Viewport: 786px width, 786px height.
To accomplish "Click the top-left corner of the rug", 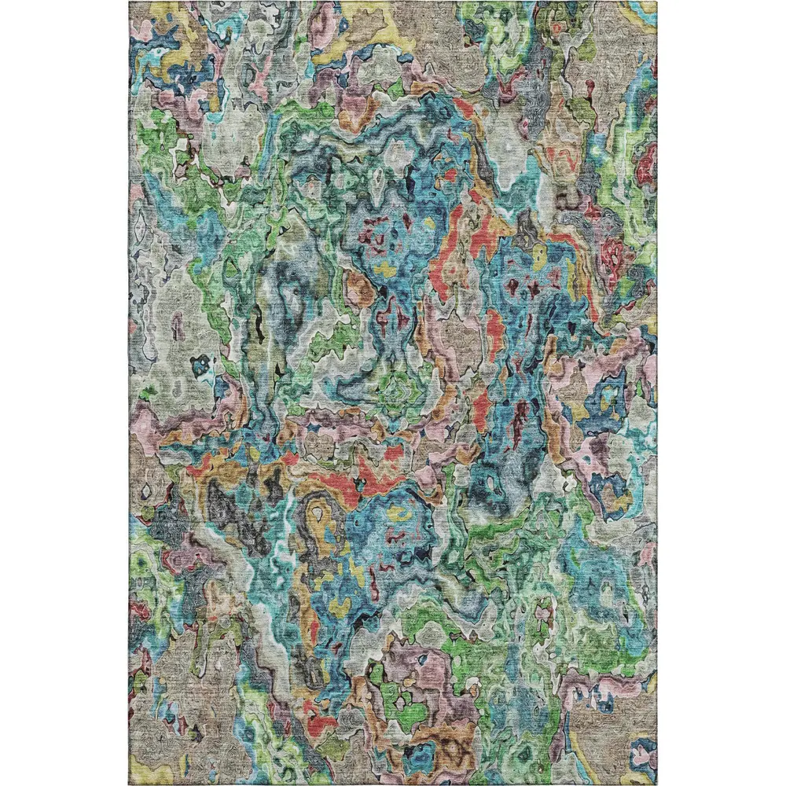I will tap(130, 2).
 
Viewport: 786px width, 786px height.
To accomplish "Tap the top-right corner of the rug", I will tap(656, 2).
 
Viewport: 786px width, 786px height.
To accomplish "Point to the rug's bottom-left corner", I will tap(130, 784).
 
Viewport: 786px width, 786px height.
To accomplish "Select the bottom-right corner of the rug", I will tap(656, 784).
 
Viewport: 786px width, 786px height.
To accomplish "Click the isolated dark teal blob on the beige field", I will tap(200, 365).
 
